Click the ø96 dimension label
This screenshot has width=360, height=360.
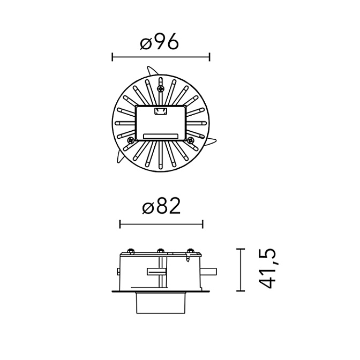point(159,41)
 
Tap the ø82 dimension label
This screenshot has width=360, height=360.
point(161,206)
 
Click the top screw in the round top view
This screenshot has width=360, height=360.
point(161,88)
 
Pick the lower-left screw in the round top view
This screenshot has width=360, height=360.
point(131,140)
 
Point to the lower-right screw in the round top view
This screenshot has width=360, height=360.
point(190,140)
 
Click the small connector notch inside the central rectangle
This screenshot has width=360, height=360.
point(161,111)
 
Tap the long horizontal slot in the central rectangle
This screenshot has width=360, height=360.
point(161,136)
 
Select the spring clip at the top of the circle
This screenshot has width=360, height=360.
point(152,71)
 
